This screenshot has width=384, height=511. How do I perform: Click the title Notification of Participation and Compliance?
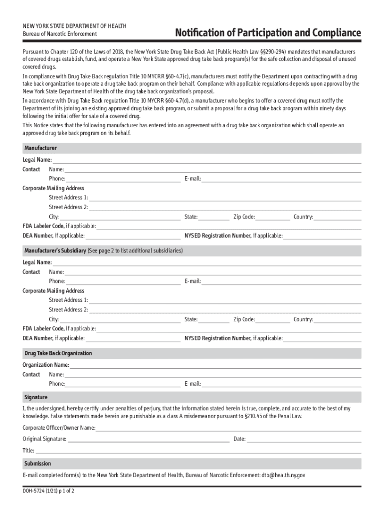267,33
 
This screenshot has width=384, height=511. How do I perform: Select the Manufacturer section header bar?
192,149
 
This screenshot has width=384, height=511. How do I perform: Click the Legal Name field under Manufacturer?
206,160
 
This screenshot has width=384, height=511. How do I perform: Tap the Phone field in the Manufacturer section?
123,179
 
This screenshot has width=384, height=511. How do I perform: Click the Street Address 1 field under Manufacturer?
224,198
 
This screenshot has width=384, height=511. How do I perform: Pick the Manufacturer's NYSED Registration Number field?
322,236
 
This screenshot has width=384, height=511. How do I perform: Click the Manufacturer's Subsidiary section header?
192,251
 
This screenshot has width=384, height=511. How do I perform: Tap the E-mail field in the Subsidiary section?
281,281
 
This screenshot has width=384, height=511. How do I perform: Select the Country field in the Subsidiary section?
337,319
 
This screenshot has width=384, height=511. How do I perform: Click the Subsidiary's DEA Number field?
133,338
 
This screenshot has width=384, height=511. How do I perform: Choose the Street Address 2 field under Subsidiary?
224,310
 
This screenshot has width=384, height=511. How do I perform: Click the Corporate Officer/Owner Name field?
228,428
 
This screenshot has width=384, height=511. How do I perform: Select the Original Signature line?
148,439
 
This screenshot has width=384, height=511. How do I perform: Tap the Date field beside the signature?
304,439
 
